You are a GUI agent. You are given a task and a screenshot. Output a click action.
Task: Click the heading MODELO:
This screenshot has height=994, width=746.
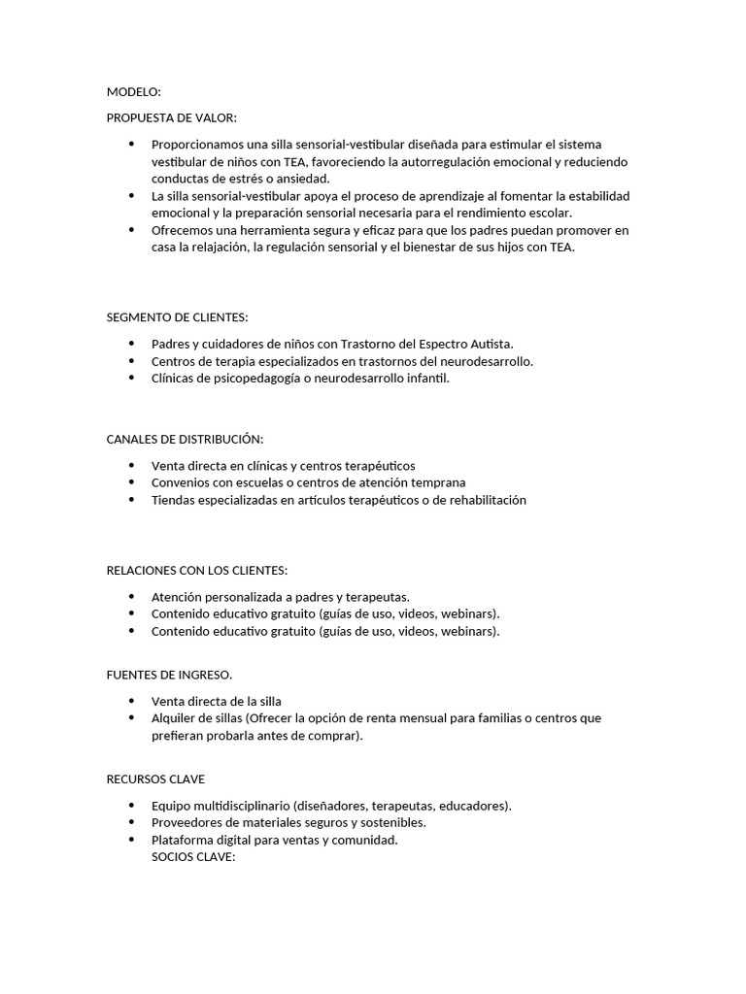pos(134,92)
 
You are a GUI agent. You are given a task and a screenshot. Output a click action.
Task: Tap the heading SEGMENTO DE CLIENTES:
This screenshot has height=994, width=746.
pos(177,317)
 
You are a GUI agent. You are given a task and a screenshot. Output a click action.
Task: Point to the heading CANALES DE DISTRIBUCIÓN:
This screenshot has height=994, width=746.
pos(185,440)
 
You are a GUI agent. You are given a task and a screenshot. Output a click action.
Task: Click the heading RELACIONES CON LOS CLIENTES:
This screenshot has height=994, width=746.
pos(197,570)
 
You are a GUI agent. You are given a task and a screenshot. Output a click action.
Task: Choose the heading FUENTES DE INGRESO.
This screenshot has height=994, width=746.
pos(169,675)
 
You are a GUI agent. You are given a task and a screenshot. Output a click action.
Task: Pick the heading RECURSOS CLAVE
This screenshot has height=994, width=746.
pos(155,779)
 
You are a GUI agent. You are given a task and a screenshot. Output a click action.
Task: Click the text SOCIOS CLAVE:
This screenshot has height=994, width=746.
pos(194,857)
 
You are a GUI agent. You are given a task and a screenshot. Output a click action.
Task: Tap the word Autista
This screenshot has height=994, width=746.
pos(490,344)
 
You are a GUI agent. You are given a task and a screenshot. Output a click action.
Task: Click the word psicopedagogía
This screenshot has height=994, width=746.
pos(246,379)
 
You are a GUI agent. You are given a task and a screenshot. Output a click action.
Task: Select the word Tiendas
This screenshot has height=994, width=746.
pos(174,500)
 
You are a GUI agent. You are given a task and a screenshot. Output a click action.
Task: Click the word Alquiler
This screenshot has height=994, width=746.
pos(176,718)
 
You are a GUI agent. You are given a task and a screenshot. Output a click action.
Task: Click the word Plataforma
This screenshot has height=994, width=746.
pos(184,840)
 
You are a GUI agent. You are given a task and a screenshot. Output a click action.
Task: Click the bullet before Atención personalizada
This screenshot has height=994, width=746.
pos(132,596)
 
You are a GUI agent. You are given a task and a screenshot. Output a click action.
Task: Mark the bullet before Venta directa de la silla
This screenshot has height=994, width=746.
pos(132,701)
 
